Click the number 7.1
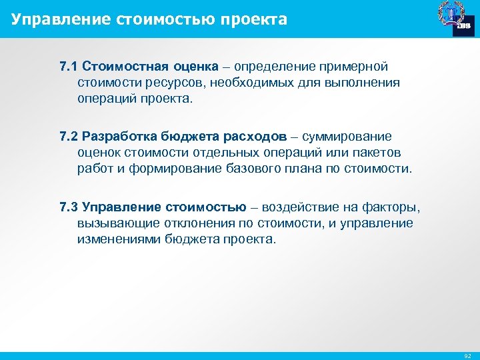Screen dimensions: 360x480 tap(68, 67)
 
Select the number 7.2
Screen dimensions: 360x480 tap(68, 137)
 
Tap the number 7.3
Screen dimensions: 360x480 tap(68, 207)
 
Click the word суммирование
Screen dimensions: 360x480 tap(347, 137)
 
